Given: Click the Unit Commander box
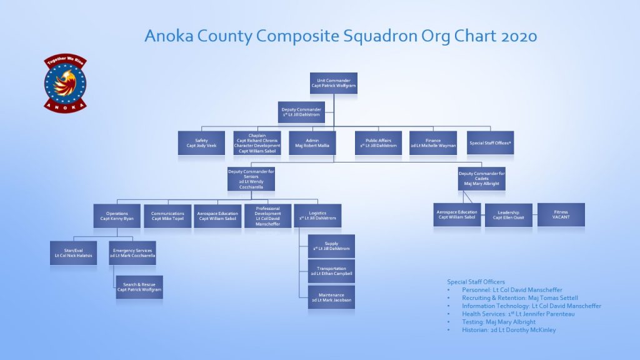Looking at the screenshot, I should (x=333, y=83).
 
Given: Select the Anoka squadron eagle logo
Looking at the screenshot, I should (x=65, y=82).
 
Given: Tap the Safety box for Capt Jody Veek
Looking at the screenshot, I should (x=201, y=142).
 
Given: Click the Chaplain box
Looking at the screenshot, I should (x=256, y=142).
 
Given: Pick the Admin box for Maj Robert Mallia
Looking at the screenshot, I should (x=312, y=142).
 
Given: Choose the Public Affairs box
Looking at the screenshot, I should (x=378, y=142).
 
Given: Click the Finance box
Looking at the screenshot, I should (x=433, y=142).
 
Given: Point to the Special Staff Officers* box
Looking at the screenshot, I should (x=490, y=142).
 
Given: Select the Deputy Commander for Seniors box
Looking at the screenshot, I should (x=251, y=179).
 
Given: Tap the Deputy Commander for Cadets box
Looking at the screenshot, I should (x=481, y=179).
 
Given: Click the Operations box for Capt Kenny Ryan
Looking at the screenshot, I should (x=117, y=216).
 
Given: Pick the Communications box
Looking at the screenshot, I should (x=167, y=216).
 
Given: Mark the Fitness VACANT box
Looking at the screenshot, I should (x=561, y=214).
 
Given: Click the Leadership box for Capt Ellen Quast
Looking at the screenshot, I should (x=508, y=215).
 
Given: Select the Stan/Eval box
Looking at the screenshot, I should (x=74, y=253).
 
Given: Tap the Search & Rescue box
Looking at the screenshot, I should (x=139, y=287).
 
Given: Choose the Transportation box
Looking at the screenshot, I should (x=331, y=271).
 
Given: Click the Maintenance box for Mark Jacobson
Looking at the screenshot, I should (x=331, y=297).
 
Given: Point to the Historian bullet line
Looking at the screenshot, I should (x=509, y=330).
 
